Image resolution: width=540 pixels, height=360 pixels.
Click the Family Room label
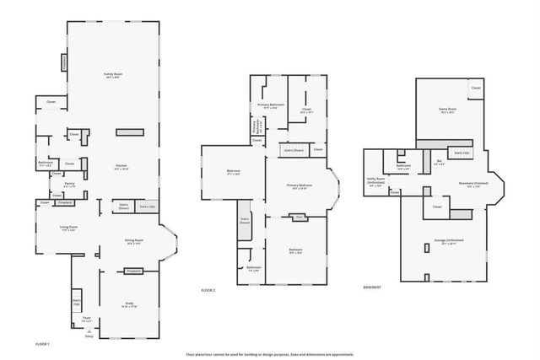pos(110,76)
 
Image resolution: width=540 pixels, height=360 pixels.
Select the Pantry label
pos(70,185)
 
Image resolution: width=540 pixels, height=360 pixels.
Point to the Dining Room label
pos(133,241)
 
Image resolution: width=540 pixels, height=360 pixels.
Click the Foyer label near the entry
pos(86,319)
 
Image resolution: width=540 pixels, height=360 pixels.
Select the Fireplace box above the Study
pos(132,271)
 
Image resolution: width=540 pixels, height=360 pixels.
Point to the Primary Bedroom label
pos(299,186)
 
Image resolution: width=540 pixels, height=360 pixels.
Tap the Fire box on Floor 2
pos(298,217)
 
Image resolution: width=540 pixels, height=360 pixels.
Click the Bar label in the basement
pos(439,162)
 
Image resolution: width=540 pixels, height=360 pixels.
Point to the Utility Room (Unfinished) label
pos(376,180)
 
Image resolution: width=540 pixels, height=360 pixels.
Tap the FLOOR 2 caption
pos(208,291)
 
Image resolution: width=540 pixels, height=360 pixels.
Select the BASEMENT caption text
pos(372,287)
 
